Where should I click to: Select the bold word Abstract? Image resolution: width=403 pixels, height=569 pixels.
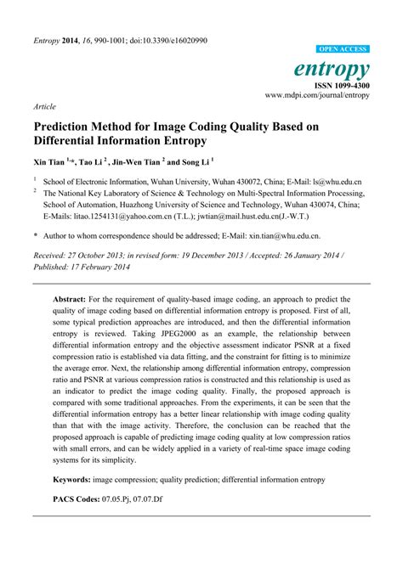point(71,300)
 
